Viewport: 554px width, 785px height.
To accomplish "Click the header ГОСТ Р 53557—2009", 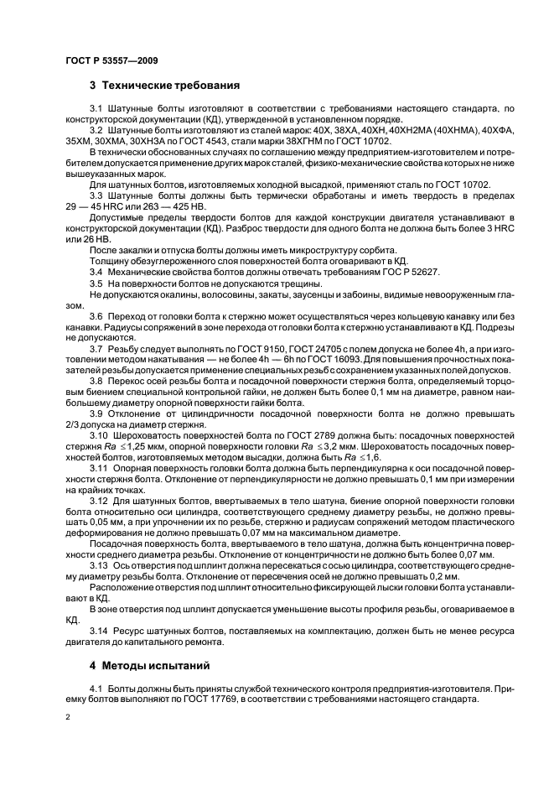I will click(111, 61).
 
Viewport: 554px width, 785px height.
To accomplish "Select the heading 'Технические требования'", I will click(171, 86).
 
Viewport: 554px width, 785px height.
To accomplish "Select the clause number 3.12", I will click(98, 501).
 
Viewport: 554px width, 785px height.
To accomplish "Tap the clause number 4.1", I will click(96, 689).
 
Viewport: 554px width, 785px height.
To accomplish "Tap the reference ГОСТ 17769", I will click(179, 699).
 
